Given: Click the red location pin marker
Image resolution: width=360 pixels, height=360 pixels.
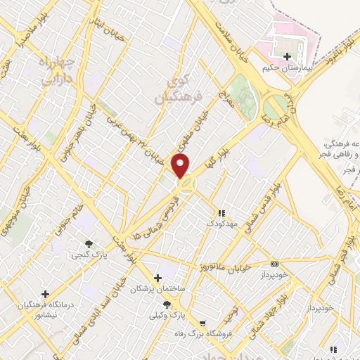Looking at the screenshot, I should point(181,167).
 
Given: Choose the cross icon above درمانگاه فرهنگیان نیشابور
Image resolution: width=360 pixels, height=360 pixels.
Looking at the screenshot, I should point(46,294).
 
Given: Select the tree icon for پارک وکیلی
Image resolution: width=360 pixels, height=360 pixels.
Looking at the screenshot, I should point(167,304).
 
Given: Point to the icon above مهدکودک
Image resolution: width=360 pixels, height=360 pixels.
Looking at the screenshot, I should point(221,212).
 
